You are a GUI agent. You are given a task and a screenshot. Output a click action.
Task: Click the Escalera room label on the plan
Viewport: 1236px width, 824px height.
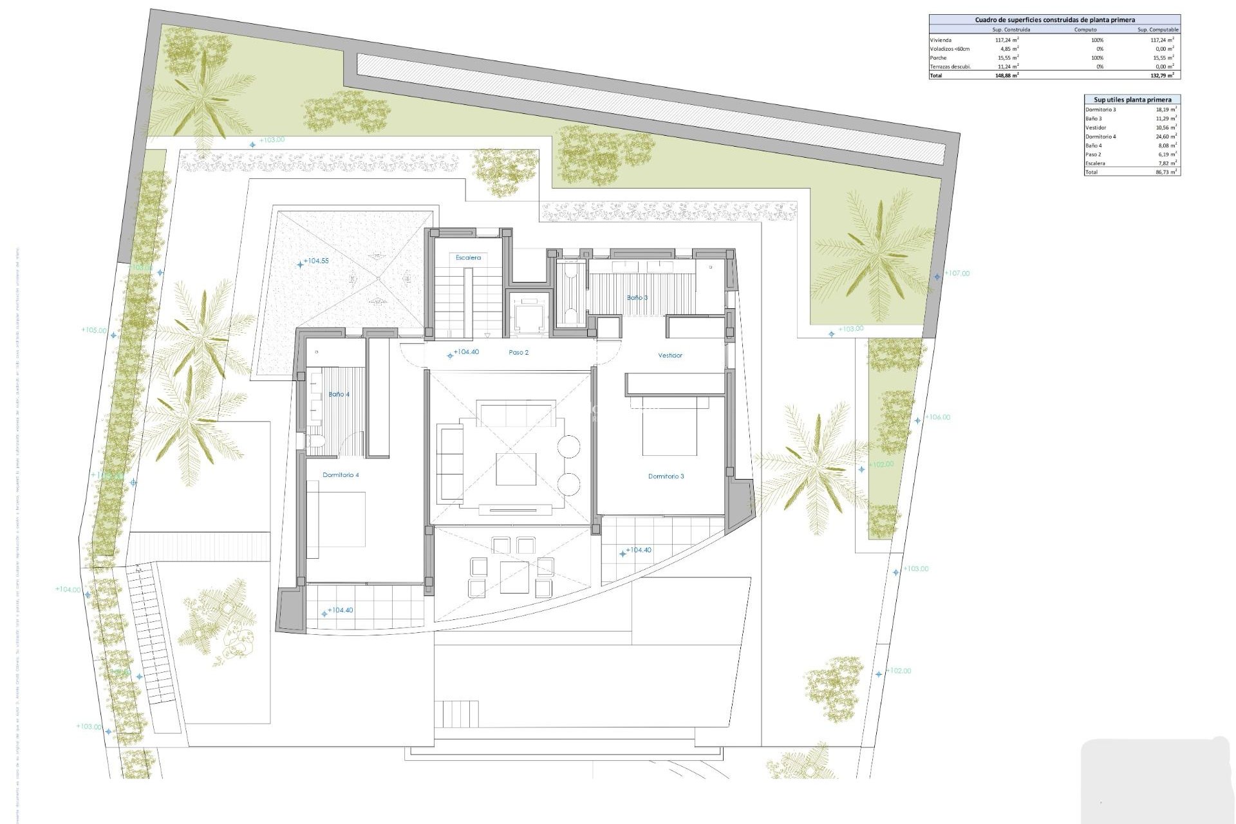click(468, 257)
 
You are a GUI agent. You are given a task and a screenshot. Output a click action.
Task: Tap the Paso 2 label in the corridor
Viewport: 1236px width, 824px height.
click(518, 353)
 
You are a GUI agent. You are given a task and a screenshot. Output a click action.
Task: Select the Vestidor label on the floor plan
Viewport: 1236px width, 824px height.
click(670, 355)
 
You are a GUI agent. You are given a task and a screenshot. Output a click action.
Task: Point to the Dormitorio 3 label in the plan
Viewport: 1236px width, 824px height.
click(666, 476)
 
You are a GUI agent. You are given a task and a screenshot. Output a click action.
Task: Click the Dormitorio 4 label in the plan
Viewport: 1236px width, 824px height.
click(341, 475)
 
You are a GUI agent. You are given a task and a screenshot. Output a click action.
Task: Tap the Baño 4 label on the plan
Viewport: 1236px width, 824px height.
click(339, 394)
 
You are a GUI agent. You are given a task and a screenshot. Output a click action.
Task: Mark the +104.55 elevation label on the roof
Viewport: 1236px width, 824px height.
click(315, 261)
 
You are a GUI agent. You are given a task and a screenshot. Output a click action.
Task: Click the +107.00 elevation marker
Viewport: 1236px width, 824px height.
click(957, 274)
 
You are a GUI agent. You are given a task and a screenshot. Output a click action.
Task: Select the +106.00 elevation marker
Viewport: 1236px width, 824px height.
click(937, 417)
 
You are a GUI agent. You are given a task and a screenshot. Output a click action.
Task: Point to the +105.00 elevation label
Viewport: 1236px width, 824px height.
click(93, 330)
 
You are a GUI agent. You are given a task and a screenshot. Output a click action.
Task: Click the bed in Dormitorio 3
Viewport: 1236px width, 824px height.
click(669, 427)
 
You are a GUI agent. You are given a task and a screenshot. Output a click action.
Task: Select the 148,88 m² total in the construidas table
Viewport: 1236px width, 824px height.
click(1007, 75)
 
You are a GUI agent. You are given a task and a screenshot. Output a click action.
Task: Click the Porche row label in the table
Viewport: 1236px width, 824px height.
click(938, 58)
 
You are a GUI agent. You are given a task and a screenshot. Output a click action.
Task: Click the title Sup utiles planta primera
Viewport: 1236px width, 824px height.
click(1132, 100)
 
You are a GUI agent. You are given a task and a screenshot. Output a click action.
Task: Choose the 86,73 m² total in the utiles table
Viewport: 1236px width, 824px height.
click(1166, 173)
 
